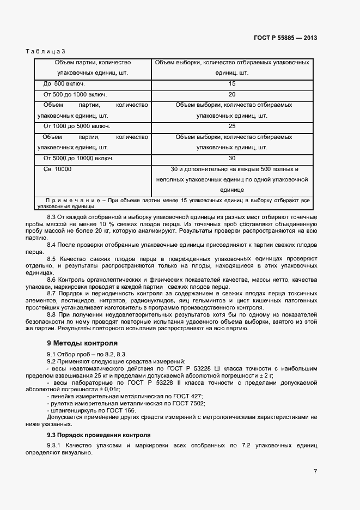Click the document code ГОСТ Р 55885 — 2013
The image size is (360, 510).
(x=285, y=38)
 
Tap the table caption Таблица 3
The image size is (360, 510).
(x=45, y=51)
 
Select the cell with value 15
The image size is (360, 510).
(x=232, y=84)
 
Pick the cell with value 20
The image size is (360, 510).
(x=232, y=94)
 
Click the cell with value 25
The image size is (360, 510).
(x=232, y=126)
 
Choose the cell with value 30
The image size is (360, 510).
(x=232, y=159)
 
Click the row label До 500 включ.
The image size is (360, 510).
(x=64, y=84)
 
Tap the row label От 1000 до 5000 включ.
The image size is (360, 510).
(x=77, y=126)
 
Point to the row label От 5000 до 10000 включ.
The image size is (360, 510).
(x=78, y=159)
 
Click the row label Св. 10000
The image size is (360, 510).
(x=57, y=169)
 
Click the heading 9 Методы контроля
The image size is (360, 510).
(x=82, y=344)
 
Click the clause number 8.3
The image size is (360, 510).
(x=52, y=217)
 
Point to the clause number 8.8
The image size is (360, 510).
(x=52, y=315)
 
